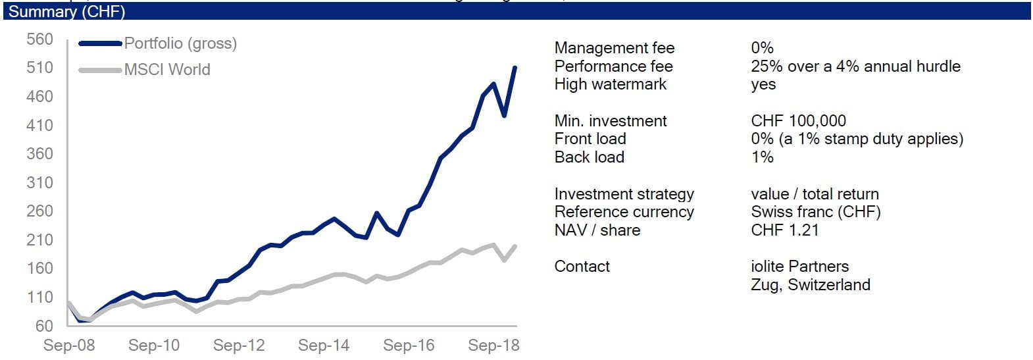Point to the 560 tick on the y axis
[x=39, y=39]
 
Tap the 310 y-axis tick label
[x=39, y=182]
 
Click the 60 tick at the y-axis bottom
[x=44, y=326]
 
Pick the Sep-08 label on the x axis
[x=69, y=346]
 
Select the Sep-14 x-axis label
[x=324, y=346]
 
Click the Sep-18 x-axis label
[x=493, y=346]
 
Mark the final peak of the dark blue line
[x=515, y=67]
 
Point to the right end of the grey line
[x=515, y=246]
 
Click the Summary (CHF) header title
[x=66, y=11]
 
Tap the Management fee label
[x=614, y=48]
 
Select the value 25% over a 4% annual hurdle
[x=855, y=66]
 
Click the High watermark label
[x=610, y=84]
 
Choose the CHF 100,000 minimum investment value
[x=798, y=121]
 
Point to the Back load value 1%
[x=762, y=157]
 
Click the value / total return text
[x=815, y=194]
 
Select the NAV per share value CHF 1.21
[x=784, y=230]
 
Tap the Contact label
[x=582, y=267]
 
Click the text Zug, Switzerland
[x=810, y=285]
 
